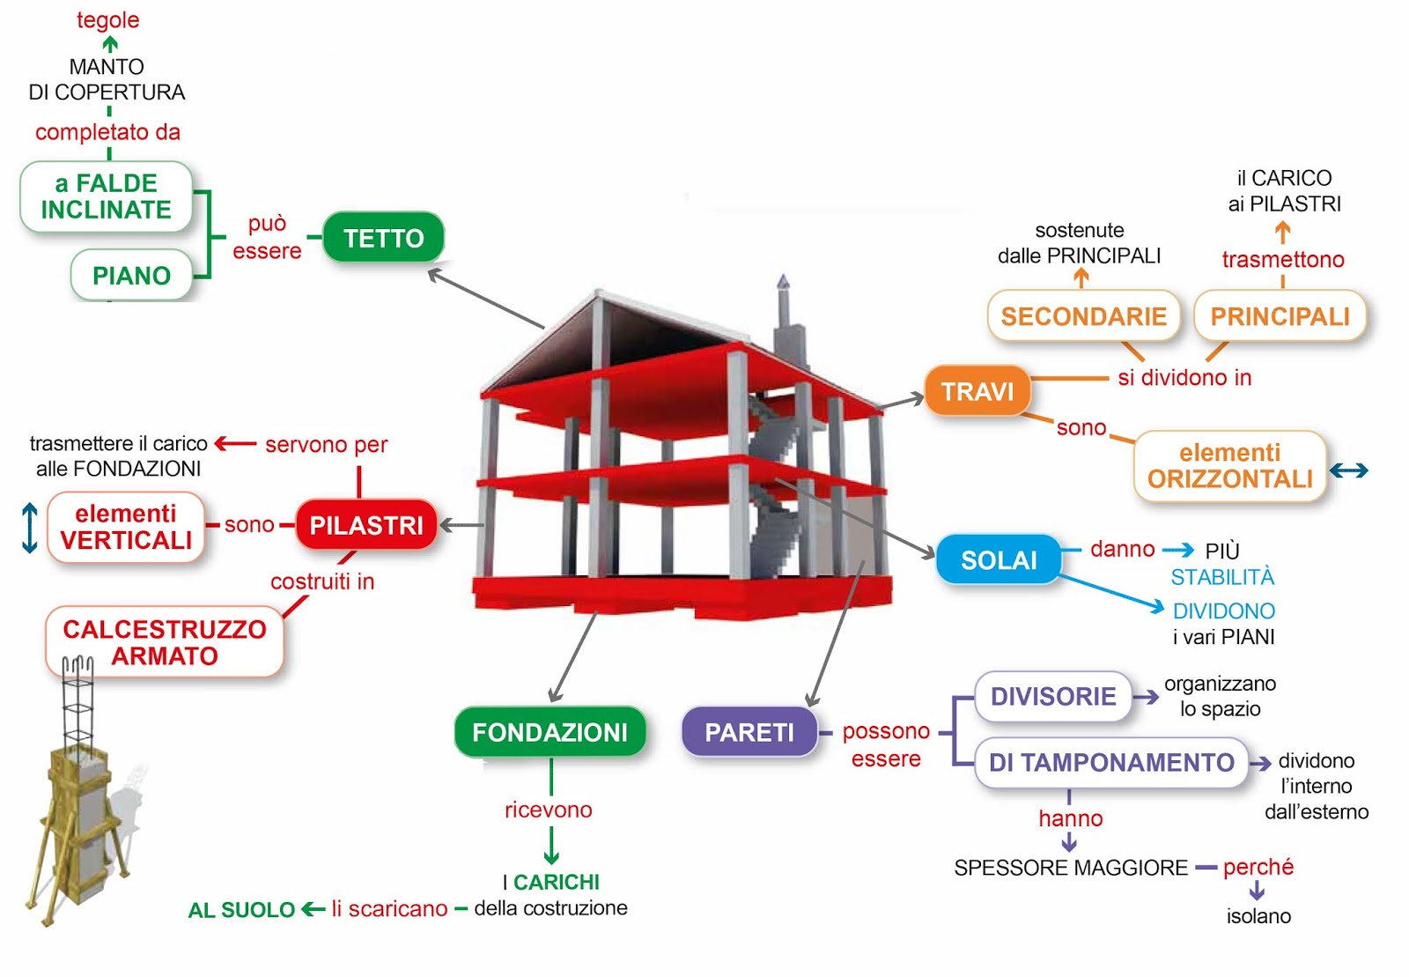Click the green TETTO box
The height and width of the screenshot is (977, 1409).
pos(383,238)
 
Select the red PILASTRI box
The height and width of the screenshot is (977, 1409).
pos(366,525)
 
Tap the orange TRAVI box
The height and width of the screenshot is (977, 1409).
pos(977,390)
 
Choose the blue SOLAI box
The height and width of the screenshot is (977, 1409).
pos(998,559)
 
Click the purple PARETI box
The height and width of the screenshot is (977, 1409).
pos(749,731)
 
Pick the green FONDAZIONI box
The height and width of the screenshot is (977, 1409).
pos(550,731)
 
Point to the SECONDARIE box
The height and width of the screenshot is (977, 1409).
pos(1083,316)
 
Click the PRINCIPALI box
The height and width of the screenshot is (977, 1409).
pos(1280,316)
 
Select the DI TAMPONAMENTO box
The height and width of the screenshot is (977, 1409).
pos(1111,762)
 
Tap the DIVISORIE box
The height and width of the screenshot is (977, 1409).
pos(1053,697)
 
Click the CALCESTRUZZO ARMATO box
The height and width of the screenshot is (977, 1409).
pos(165,642)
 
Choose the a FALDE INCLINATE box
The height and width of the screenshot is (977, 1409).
pos(107,196)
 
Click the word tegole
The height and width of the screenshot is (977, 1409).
pos(107,19)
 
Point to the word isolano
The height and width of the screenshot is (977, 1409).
pos(1258,916)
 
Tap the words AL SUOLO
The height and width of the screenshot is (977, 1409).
pos(241,910)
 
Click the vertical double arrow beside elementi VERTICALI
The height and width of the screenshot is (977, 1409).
pos(29,528)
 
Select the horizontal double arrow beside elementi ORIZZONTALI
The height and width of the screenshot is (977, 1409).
pos(1348,470)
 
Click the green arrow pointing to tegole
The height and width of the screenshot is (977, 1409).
pos(110,43)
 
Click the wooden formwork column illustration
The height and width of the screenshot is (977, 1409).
pos(79,810)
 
